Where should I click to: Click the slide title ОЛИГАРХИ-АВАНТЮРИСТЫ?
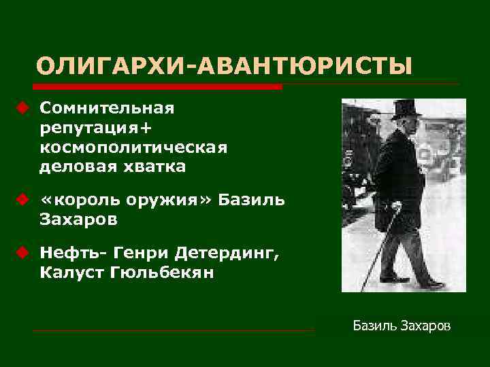point(225,67)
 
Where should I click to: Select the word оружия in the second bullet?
point(171,200)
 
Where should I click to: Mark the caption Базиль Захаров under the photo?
point(401,327)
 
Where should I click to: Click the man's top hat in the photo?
point(406,109)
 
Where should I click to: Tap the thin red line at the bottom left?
point(174,331)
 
